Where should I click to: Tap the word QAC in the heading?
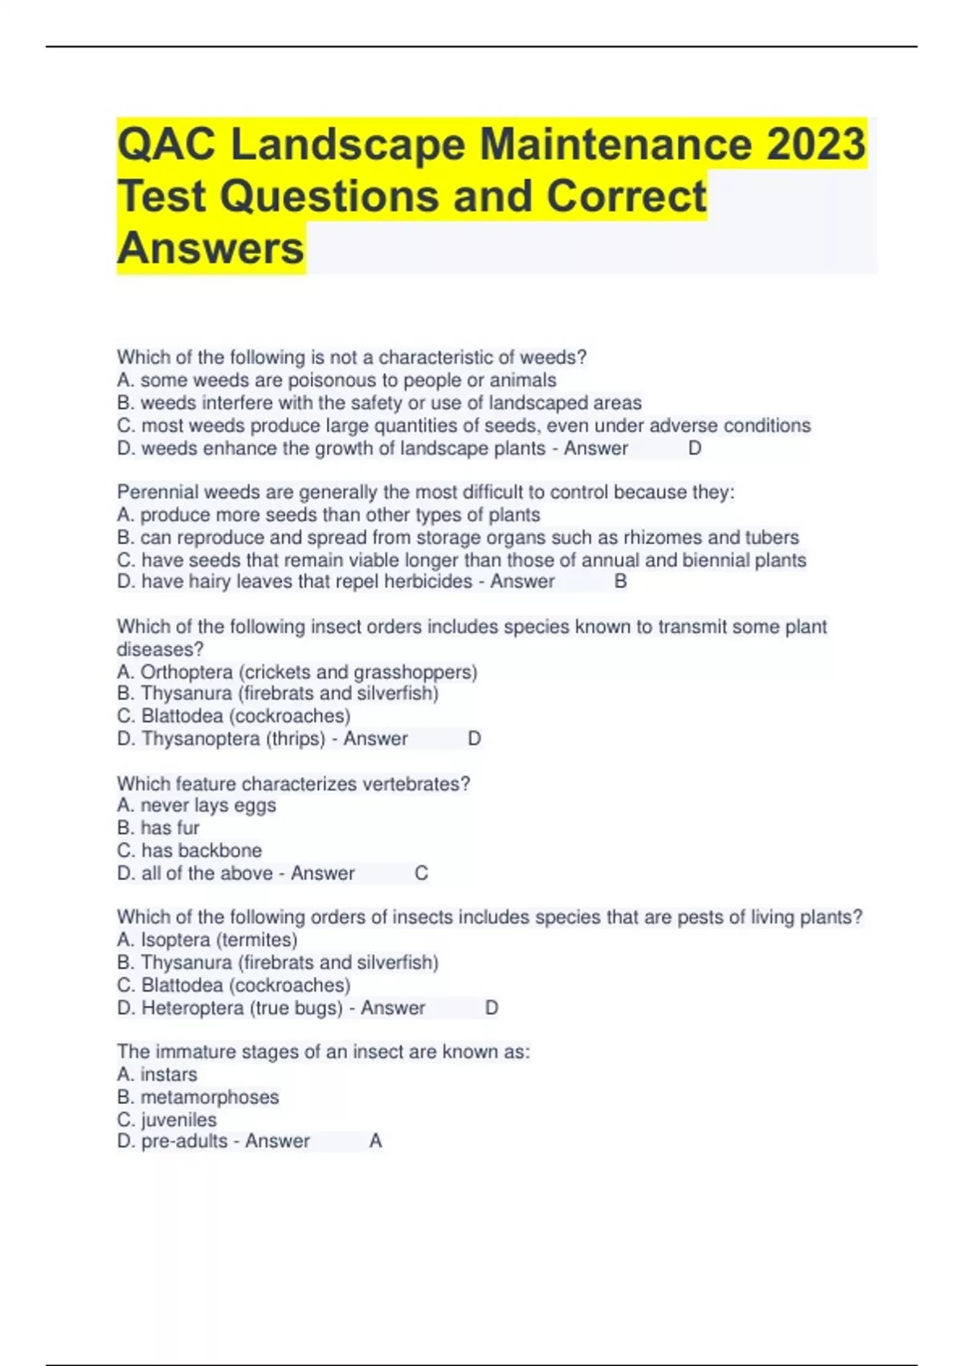coord(165,145)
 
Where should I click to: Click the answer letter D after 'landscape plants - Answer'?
coord(695,448)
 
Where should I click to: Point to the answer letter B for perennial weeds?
coord(620,581)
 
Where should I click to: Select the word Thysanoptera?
coord(200,738)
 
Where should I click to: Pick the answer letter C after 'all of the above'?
coord(421,873)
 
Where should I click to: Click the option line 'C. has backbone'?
coord(190,850)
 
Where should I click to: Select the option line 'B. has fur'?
coord(158,828)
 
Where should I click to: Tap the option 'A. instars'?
coord(157,1074)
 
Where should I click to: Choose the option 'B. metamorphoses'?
coord(198,1097)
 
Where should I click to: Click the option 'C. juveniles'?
coord(167,1119)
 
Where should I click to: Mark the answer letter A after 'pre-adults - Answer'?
coord(375,1141)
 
